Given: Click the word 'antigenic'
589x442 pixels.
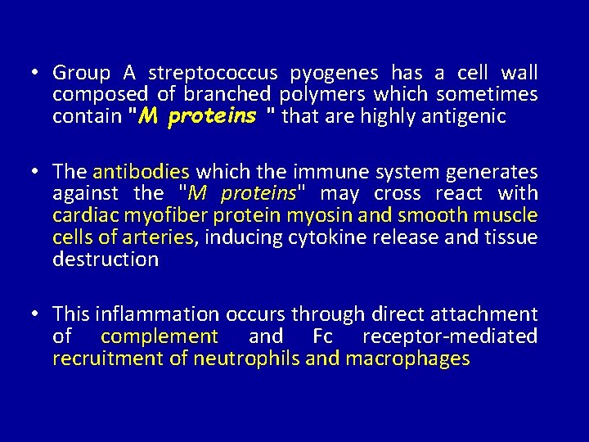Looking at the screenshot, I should click(464, 116).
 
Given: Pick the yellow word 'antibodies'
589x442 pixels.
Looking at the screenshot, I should click(142, 172).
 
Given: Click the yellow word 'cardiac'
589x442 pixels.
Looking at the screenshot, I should click(83, 216).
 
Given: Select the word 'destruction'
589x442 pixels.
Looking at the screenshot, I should click(106, 259).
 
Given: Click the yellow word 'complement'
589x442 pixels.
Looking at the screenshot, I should click(160, 336).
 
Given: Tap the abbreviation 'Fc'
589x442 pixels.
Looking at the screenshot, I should click(322, 336).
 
